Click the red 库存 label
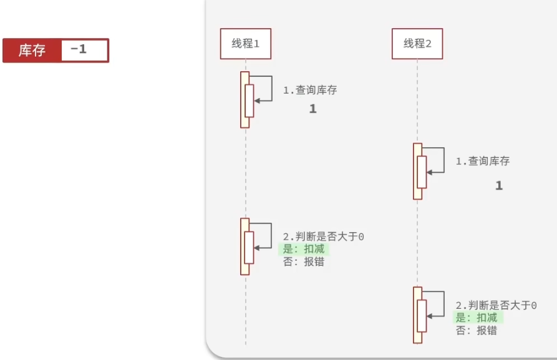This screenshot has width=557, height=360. coord(32,51)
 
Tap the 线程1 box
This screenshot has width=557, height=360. coord(245,44)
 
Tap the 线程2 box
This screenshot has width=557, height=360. coord(417,44)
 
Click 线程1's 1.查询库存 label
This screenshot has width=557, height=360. coord(310,90)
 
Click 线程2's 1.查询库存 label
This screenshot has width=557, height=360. coord(482,162)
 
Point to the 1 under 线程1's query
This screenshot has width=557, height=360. coord(313,109)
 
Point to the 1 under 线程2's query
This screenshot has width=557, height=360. coord(498,186)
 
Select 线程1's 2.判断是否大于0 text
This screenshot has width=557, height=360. coord(324,237)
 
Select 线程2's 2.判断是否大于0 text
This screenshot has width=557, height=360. coord(496,306)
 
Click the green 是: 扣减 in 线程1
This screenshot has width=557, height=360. coord(304,250)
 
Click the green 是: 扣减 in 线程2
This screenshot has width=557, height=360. coord(478,318)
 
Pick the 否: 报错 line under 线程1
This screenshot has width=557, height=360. coord(304,262)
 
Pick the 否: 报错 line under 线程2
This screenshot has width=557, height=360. coord(477,331)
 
